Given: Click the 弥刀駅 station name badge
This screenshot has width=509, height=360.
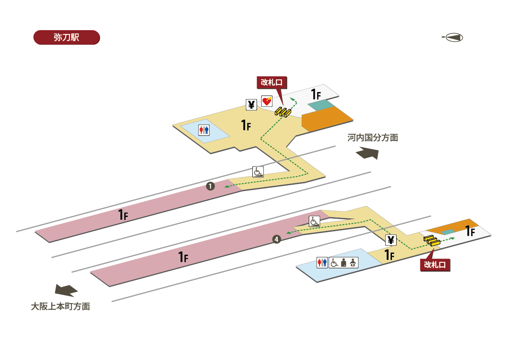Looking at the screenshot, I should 66,37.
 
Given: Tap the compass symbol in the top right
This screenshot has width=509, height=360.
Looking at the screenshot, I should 453,37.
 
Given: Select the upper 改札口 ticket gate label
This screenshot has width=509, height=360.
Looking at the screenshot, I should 271,82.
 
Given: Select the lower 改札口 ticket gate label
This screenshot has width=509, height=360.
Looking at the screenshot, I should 435,265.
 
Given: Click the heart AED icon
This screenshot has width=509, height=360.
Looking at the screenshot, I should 266,101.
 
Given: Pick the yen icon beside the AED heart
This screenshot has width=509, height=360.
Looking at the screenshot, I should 252,104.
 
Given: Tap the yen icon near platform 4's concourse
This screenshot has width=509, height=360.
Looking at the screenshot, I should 391,240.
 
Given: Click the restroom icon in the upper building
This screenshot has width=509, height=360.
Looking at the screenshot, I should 204,130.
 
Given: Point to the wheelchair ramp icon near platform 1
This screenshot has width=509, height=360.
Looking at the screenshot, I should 258,172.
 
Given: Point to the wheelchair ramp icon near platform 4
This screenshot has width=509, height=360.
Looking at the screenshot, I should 314,221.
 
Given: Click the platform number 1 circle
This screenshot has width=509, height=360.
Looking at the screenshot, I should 210,186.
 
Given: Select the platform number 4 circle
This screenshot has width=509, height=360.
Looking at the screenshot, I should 276,240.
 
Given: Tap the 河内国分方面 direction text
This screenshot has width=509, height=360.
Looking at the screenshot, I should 372,138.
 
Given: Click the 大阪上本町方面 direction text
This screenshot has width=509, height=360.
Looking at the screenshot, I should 60,306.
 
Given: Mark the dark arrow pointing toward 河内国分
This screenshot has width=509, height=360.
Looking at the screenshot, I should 367,153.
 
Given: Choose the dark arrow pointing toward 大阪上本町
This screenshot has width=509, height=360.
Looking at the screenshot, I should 66,290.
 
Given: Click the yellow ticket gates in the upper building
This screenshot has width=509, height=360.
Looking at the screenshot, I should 282,112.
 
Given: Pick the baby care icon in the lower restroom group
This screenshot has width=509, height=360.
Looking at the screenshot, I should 353,263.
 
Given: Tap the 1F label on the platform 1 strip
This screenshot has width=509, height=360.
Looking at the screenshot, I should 123,214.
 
